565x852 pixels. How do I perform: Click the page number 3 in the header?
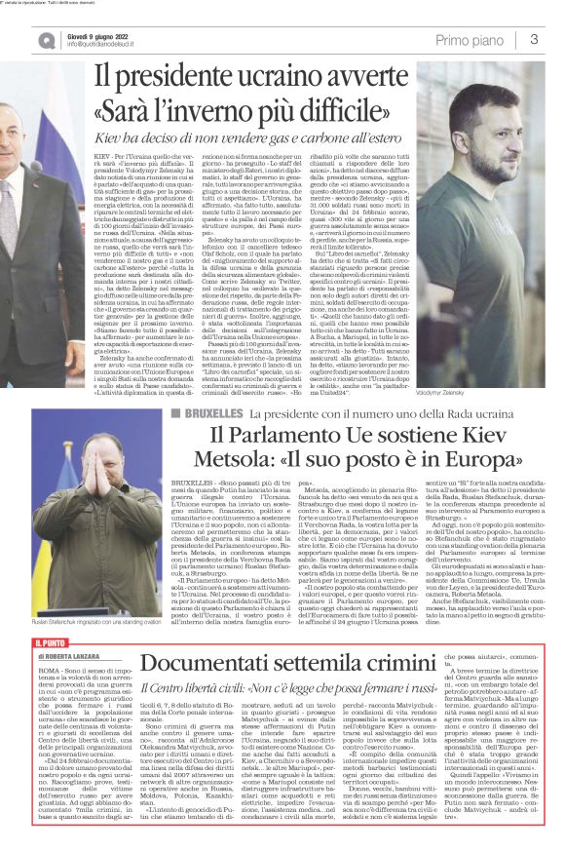[535, 39]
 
